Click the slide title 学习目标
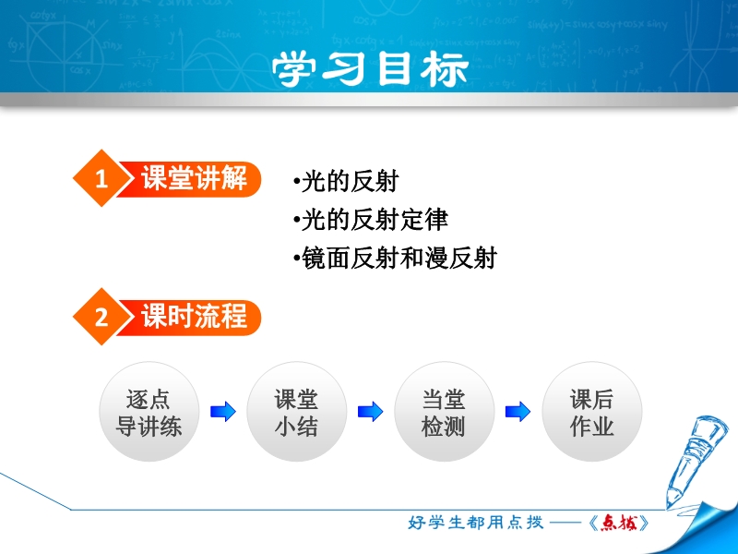pyautogui.click(x=370, y=68)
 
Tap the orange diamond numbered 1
pyautogui.click(x=101, y=178)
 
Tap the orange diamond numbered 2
pyautogui.click(x=101, y=317)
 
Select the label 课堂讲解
pyautogui.click(x=194, y=178)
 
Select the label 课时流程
pyautogui.click(x=194, y=316)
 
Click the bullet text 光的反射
pyautogui.click(x=346, y=182)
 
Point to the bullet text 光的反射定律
pyautogui.click(x=371, y=220)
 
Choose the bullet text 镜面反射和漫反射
pyautogui.click(x=395, y=259)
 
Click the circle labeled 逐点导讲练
pyautogui.click(x=149, y=412)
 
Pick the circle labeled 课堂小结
pyautogui.click(x=296, y=412)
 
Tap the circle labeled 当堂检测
pyautogui.click(x=445, y=412)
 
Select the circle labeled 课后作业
pyautogui.click(x=592, y=412)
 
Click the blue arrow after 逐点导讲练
pyautogui.click(x=223, y=412)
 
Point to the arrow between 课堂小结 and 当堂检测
pyautogui.click(x=371, y=412)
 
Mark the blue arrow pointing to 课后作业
pyautogui.click(x=518, y=412)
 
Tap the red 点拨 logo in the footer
pyautogui.click(x=619, y=523)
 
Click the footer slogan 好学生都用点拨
pyautogui.click(x=475, y=523)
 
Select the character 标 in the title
pyautogui.click(x=445, y=69)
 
